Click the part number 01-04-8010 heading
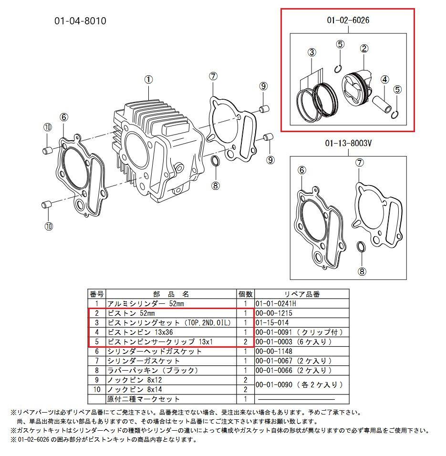[80, 21]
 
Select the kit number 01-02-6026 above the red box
[348, 20]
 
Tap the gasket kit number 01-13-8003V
[348, 144]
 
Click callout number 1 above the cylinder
[148, 80]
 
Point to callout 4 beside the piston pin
[385, 79]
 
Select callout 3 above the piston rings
[311, 52]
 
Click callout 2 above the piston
[364, 49]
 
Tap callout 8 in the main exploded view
[216, 186]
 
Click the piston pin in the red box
[383, 106]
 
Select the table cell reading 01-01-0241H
[276, 304]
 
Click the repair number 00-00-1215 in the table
[274, 313]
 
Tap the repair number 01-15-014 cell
[272, 323]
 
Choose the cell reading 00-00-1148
[274, 352]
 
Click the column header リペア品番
[302, 294]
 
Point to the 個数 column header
[245, 294]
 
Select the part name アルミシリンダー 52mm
[145, 304]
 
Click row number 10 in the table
[97, 389]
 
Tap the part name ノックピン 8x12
[135, 380]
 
